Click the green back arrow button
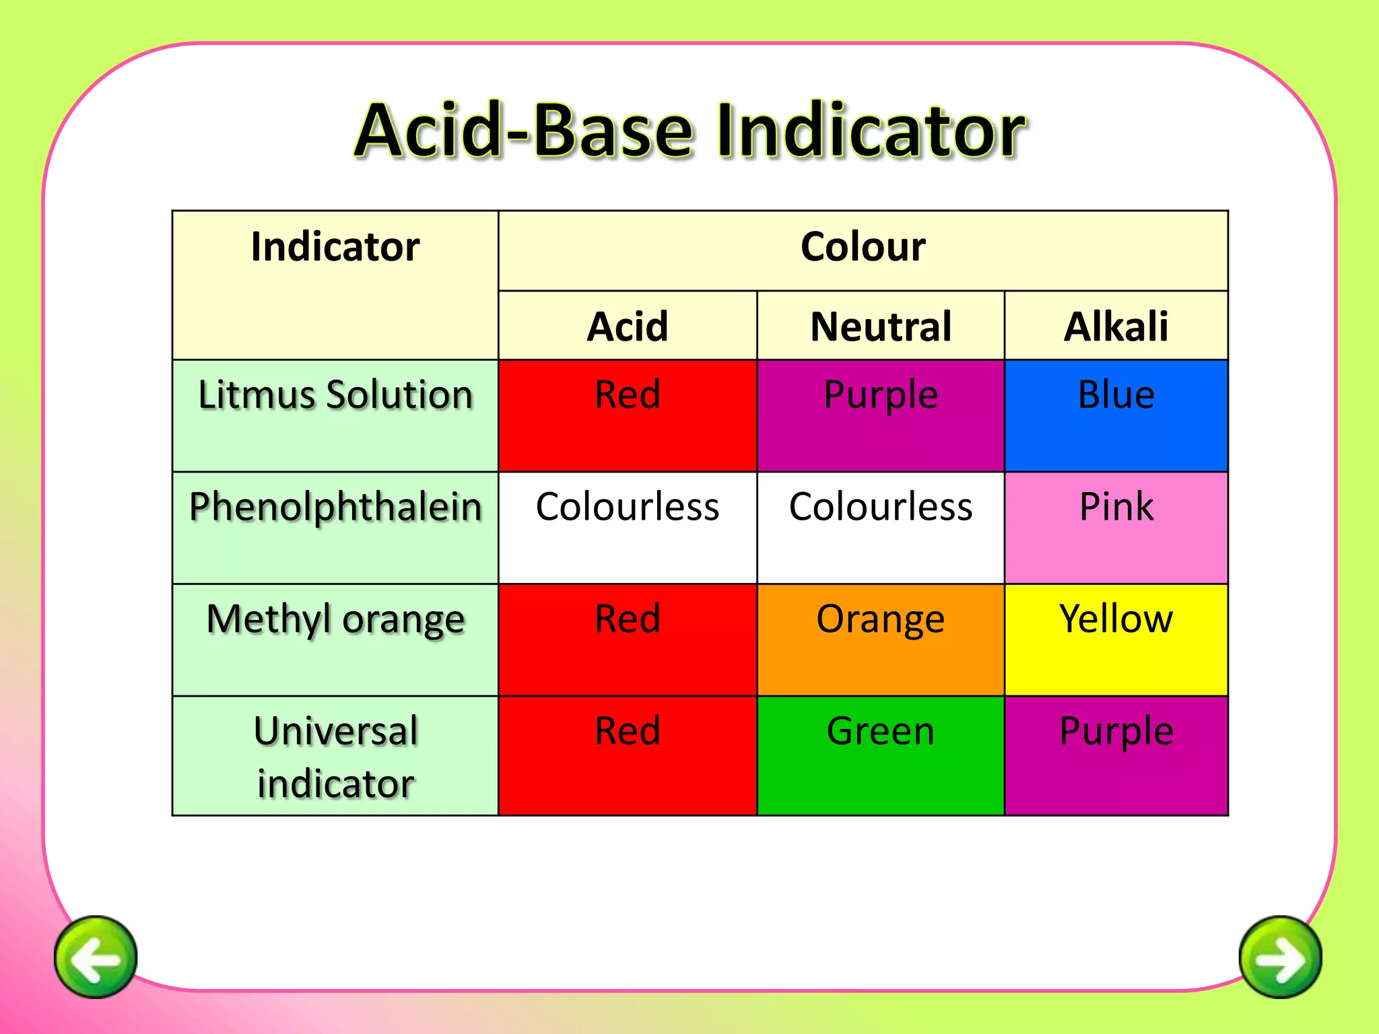[96, 957]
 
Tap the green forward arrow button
[1280, 957]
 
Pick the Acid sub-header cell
[627, 326]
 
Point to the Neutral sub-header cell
[880, 326]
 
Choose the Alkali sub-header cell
[1116, 326]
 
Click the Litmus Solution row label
[335, 394]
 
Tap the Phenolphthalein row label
[335, 507]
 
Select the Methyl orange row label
[335, 619]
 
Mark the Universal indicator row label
[335, 757]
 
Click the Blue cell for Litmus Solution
[1116, 415]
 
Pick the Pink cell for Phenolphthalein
[1116, 528]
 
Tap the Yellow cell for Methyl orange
[1116, 640]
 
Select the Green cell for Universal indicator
[880, 755]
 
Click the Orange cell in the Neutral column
[880, 640]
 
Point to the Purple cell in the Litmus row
[880, 415]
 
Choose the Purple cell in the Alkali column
[1116, 755]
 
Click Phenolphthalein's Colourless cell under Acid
[627, 528]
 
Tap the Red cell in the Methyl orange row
[627, 640]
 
